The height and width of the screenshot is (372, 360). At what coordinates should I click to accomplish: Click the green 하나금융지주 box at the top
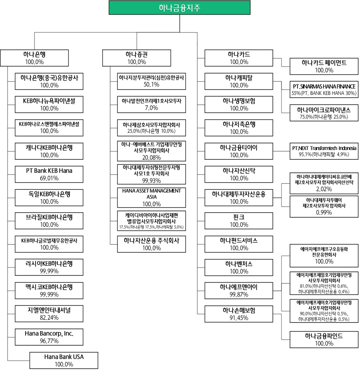point(180,8)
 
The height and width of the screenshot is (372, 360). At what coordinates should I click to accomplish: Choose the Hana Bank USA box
point(64,360)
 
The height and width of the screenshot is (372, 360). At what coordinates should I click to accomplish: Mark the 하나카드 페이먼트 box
point(324,66)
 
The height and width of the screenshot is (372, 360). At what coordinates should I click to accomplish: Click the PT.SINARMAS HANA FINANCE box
point(324,89)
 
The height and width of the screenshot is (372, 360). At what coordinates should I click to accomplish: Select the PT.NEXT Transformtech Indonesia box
point(324,150)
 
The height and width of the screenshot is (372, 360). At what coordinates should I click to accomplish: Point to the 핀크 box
point(239,221)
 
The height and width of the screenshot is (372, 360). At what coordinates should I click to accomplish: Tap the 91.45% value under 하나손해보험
point(239,317)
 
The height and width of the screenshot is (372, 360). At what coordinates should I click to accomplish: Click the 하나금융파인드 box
point(324,339)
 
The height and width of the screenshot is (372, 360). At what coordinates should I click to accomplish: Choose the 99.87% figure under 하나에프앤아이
point(239,294)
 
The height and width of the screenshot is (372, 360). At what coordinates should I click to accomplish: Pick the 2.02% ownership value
point(324,189)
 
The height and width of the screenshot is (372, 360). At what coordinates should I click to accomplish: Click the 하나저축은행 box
point(239,128)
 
